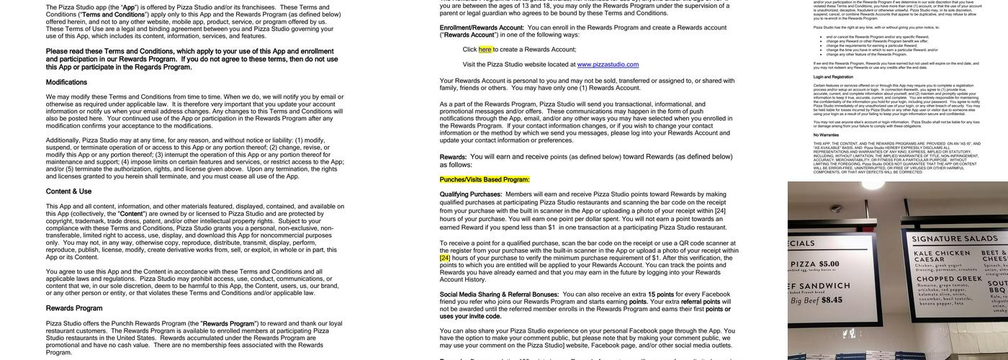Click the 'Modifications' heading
pyautogui.click(x=66, y=82)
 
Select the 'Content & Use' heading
pyautogui.click(x=68, y=192)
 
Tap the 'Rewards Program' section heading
pyautogui.click(x=74, y=308)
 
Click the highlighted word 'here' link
pyautogui.click(x=485, y=50)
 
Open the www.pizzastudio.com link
pyautogui.click(x=608, y=64)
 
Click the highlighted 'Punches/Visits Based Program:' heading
pyautogui.click(x=485, y=179)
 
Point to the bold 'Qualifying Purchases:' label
pyautogui.click(x=471, y=194)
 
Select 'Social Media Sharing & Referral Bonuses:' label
pyautogui.click(x=499, y=294)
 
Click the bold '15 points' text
pyautogui.click(x=661, y=294)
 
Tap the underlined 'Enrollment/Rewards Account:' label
pyautogui.click(x=482, y=27)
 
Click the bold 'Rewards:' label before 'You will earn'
pyautogui.click(x=453, y=157)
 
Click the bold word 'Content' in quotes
pyautogui.click(x=132, y=214)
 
